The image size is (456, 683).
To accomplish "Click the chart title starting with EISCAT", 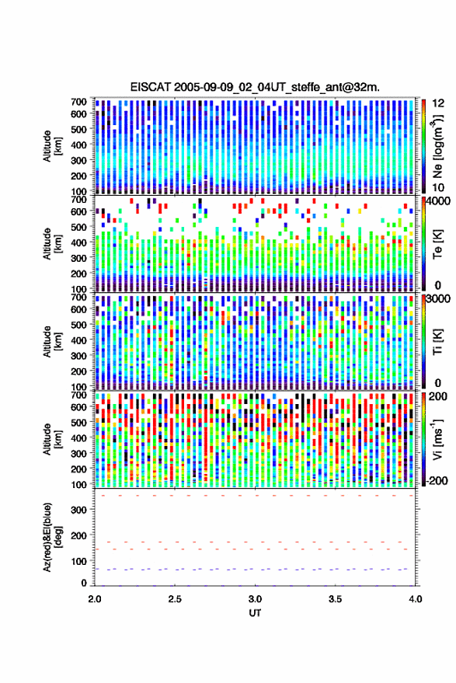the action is coord(255,87).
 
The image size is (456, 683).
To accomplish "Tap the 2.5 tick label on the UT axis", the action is coord(175,599).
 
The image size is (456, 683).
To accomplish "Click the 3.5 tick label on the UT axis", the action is coord(335,599).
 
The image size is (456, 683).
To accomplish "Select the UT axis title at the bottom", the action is coord(255,613).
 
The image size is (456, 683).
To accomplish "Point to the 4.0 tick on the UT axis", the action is coord(416,599).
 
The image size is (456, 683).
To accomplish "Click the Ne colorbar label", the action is coord(438,147).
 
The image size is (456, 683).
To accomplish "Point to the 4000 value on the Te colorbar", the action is coord(438,202).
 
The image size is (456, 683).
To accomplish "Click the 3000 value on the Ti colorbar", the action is coord(438,299).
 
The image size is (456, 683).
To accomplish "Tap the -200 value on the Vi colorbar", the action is coord(437,481).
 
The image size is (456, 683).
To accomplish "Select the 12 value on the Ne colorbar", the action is coord(438,103).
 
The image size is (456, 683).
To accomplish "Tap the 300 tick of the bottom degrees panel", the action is coord(78,510).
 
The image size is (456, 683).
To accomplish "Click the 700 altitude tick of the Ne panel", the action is coord(78,102).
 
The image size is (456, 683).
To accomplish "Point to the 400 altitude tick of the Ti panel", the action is coord(78,340).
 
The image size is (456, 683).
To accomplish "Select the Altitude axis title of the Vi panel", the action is coord(52,439).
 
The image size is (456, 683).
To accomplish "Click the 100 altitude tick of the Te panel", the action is coord(78,289).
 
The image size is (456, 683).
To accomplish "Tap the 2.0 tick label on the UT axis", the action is coord(95,599).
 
